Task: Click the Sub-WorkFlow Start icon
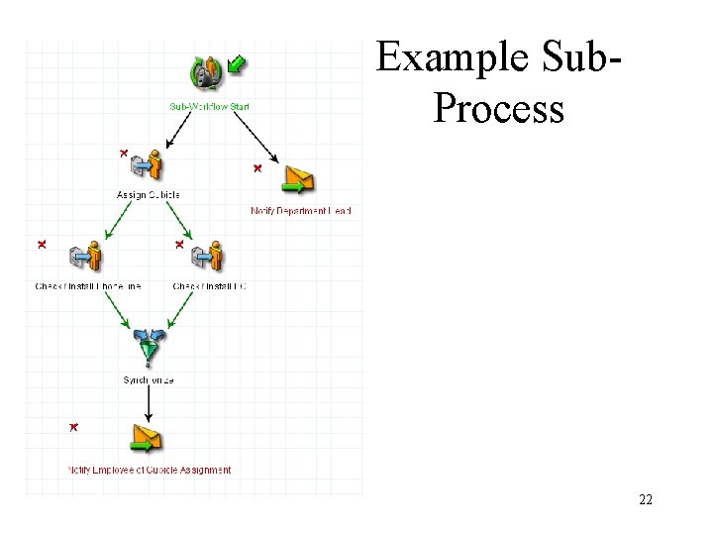(x=209, y=72)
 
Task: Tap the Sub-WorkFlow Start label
(x=209, y=106)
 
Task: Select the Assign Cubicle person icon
(x=149, y=164)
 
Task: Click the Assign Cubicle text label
(x=149, y=194)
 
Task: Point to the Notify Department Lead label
(x=301, y=211)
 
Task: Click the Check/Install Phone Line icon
(x=87, y=256)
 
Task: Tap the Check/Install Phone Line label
(x=88, y=286)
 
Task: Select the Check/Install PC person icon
(x=208, y=256)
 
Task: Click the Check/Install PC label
(x=209, y=286)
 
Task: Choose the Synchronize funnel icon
(x=150, y=346)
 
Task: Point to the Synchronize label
(x=149, y=380)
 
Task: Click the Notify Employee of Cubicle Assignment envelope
(x=146, y=438)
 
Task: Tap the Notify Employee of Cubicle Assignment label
(x=150, y=470)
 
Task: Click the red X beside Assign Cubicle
(x=123, y=153)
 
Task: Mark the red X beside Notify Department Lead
(x=256, y=168)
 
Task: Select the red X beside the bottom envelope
(x=73, y=427)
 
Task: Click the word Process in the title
(x=498, y=108)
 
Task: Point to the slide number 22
(x=646, y=500)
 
